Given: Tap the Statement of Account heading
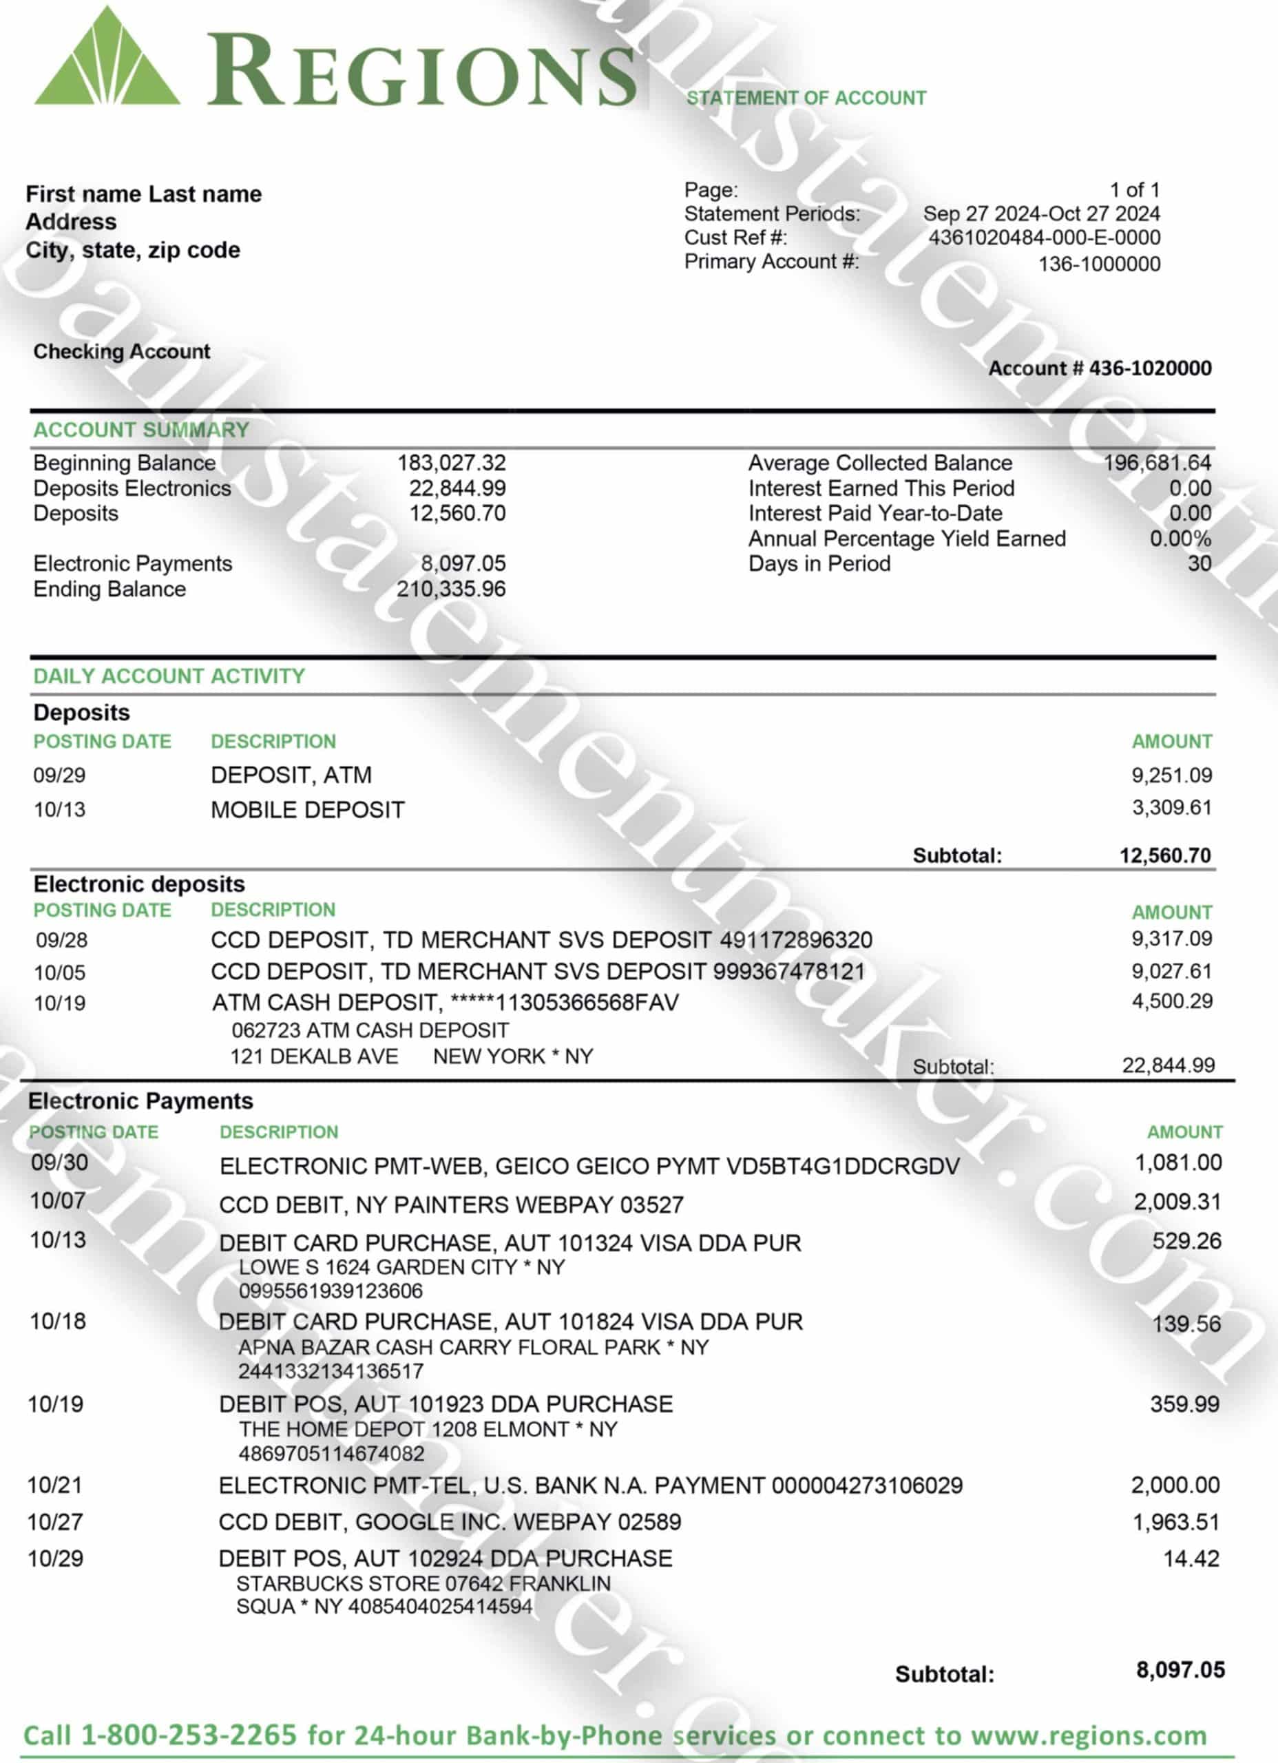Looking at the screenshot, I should [x=806, y=98].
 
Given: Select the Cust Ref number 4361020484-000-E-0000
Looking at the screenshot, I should [x=1044, y=238].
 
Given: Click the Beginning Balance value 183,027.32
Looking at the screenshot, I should [x=451, y=463].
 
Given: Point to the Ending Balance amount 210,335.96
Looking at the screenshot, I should [x=451, y=590].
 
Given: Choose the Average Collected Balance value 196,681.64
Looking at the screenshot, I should [x=1157, y=463].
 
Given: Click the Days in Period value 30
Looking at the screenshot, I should [x=1199, y=563].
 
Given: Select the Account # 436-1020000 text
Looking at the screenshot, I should [x=1099, y=368].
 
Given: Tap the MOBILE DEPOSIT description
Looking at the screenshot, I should [x=307, y=810].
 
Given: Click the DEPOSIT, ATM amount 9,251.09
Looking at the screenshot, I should [x=1171, y=775].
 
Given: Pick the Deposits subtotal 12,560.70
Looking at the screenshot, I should [x=1164, y=856].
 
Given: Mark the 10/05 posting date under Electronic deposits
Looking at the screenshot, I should [x=60, y=972].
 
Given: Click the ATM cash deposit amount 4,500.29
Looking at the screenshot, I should [x=1171, y=1001].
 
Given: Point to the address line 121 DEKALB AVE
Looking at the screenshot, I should [x=314, y=1056].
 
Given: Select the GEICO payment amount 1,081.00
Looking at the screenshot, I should [x=1177, y=1163].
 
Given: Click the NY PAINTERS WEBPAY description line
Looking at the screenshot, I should [x=451, y=1205].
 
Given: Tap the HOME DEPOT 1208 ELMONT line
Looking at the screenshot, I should [x=428, y=1430].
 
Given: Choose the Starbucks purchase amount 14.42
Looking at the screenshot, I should [x=1191, y=1558].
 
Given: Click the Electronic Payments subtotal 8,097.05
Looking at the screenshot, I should [x=1180, y=1670].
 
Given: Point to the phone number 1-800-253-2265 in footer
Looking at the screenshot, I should [x=189, y=1735].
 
